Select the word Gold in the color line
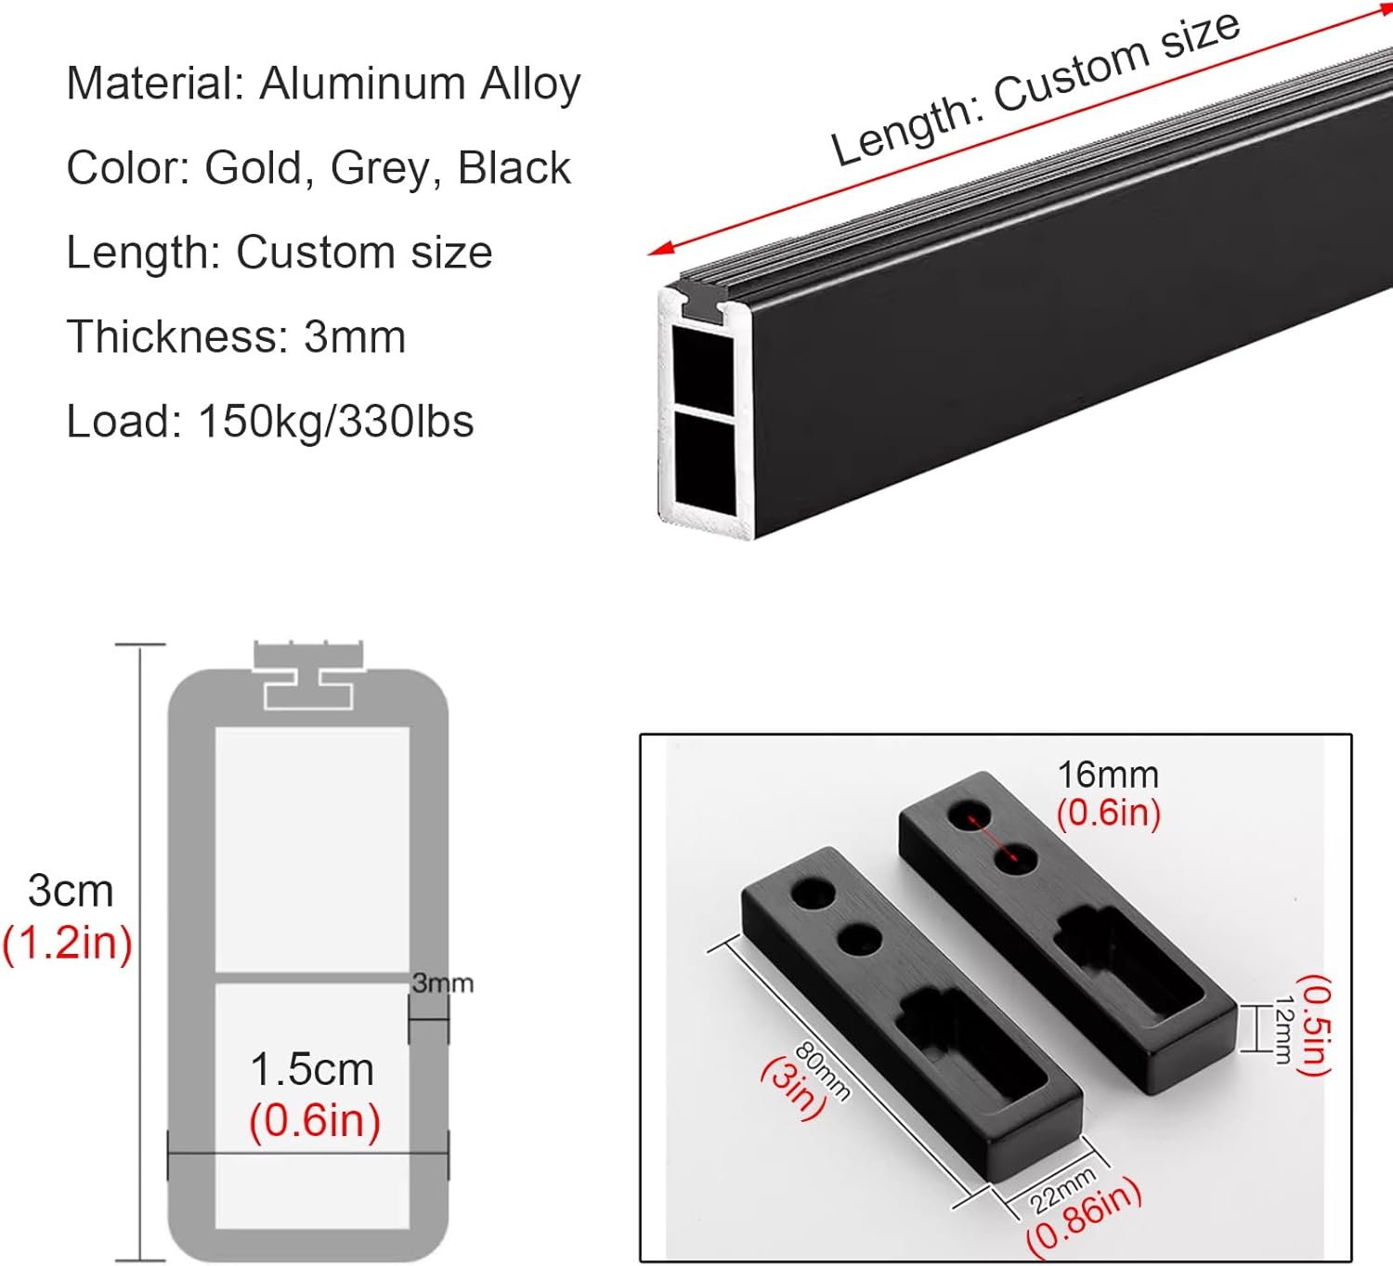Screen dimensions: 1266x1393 click(x=253, y=168)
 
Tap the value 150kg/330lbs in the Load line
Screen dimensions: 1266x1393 click(x=335, y=421)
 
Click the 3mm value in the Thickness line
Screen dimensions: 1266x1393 click(x=355, y=336)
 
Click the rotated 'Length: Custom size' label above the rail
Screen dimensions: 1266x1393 click(x=1035, y=89)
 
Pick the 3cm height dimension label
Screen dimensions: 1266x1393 click(x=71, y=891)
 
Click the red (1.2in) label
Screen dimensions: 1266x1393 click(x=67, y=943)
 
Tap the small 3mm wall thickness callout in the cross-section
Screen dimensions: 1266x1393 click(x=442, y=983)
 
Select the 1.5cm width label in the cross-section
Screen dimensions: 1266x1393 click(x=312, y=1070)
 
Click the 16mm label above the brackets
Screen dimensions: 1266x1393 click(x=1108, y=775)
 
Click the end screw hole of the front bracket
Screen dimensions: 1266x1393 click(x=813, y=894)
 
